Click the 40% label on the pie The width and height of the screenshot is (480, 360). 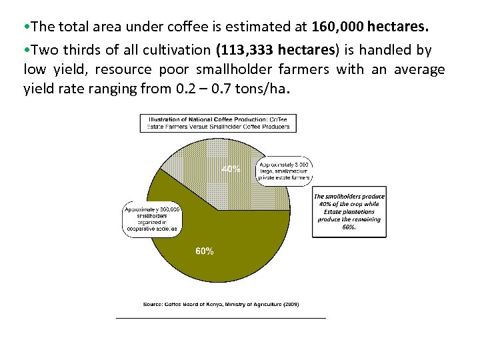[231, 169]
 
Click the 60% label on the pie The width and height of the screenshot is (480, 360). [204, 251]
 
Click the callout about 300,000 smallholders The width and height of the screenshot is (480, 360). [151, 219]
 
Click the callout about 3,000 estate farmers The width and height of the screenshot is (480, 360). [284, 171]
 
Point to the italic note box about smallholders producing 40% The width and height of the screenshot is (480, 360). [348, 211]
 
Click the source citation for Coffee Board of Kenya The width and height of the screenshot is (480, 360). [221, 304]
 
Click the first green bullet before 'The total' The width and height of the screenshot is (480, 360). [27, 29]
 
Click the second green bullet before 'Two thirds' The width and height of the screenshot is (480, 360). [27, 51]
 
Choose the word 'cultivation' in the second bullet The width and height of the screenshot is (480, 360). [176, 51]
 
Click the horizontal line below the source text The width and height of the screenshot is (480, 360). [221, 318]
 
